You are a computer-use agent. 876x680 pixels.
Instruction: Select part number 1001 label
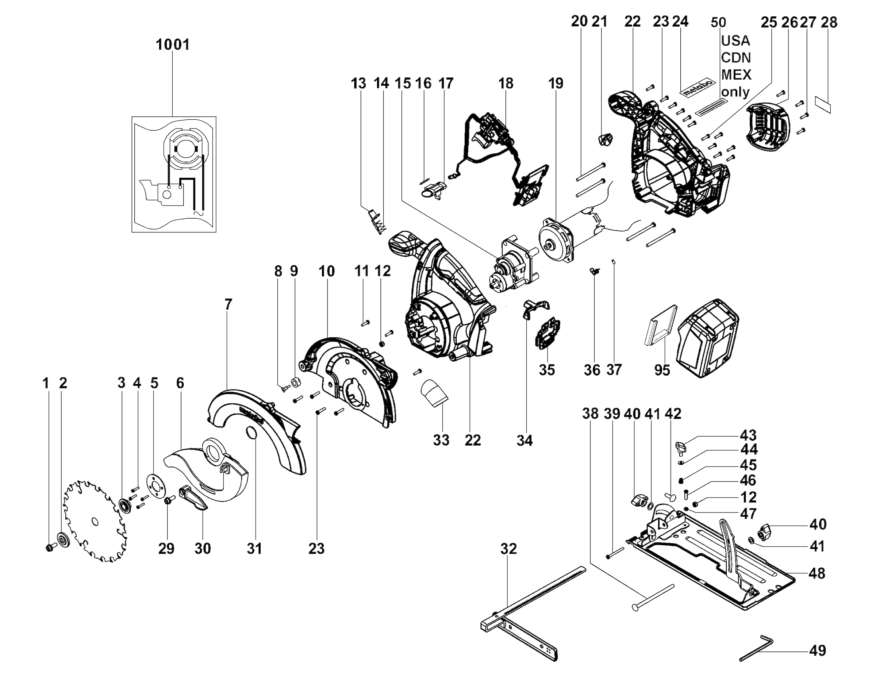[173, 45]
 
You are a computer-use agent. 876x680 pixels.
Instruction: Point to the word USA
[735, 41]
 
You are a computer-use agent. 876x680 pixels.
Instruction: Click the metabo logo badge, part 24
[699, 88]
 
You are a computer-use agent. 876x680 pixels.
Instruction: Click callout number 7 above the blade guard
[228, 304]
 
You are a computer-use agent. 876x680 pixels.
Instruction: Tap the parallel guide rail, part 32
[534, 606]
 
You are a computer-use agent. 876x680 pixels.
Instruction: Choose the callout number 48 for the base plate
[817, 573]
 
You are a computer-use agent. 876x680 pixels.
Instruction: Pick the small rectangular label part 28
[823, 104]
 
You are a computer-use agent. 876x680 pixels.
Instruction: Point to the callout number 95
[662, 369]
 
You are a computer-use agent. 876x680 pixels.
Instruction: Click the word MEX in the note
[736, 74]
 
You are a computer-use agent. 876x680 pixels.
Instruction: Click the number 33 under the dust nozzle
[441, 440]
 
